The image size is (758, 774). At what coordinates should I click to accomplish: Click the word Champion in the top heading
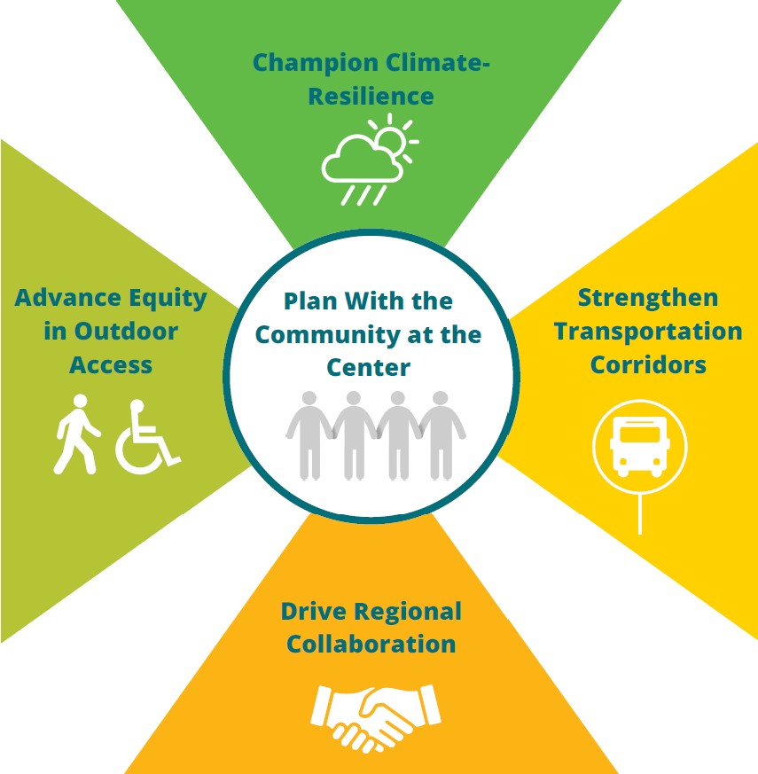click(316, 64)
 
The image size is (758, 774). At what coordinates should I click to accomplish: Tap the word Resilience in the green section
click(371, 97)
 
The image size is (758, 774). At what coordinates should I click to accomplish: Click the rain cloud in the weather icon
click(363, 160)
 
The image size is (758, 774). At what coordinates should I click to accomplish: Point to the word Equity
click(168, 299)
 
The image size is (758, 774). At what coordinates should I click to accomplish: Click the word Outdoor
click(126, 332)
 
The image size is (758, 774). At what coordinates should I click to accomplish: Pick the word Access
click(111, 365)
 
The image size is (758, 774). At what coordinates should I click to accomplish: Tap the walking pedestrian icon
click(77, 434)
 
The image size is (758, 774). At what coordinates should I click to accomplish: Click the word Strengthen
click(648, 298)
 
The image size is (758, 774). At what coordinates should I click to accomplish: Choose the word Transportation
click(648, 332)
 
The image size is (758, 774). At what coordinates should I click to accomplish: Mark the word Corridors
click(648, 365)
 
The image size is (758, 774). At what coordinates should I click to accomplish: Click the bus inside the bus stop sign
click(640, 446)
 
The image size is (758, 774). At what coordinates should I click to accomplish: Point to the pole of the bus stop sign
click(640, 514)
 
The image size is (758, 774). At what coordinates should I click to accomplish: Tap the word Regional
click(408, 613)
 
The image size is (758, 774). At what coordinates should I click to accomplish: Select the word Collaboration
click(371, 645)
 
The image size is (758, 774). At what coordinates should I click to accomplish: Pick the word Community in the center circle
click(328, 336)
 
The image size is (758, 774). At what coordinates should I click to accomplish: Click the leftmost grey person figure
click(309, 435)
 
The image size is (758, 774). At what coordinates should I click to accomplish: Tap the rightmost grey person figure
click(441, 435)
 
